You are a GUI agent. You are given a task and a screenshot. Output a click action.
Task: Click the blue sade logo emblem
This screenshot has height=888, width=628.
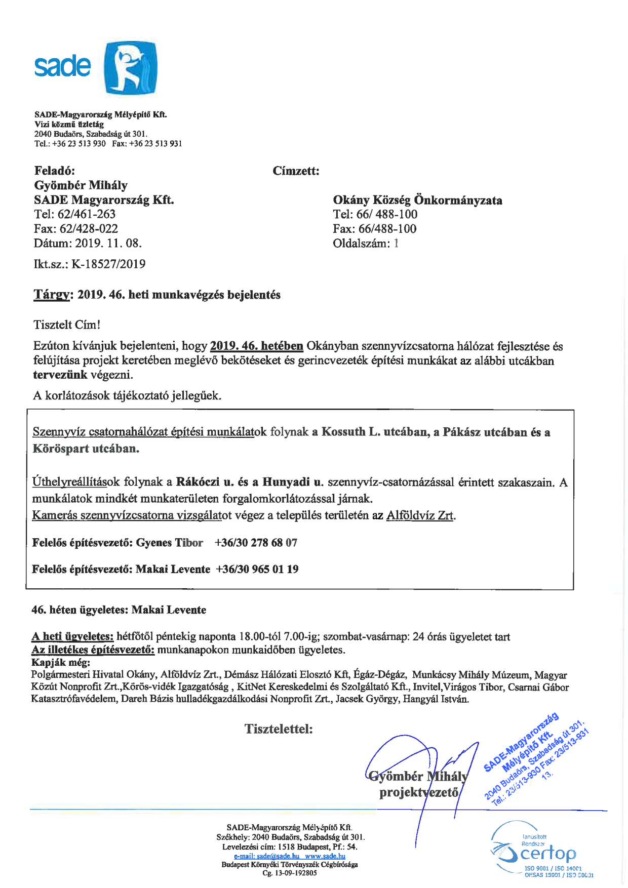tap(131, 68)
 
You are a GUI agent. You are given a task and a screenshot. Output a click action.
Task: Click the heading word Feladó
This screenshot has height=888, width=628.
tap(55, 171)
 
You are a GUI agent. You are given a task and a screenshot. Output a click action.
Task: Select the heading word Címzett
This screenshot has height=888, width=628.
tap(296, 171)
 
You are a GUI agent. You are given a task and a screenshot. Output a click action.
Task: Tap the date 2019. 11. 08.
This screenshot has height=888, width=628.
tap(108, 244)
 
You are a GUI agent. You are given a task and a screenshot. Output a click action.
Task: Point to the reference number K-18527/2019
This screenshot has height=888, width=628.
tap(108, 264)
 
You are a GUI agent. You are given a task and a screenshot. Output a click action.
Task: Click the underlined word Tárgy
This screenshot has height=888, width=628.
tap(51, 295)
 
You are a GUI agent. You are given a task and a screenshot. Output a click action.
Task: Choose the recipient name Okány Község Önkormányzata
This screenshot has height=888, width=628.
tap(417, 200)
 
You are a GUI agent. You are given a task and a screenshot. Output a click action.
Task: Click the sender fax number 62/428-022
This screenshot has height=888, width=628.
tap(89, 229)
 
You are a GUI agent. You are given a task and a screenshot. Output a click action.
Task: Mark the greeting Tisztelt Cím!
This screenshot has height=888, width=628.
tap(67, 325)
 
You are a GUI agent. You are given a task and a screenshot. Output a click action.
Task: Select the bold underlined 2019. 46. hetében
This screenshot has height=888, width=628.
tap(256, 346)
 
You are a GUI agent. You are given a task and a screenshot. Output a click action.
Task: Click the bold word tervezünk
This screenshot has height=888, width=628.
tap(60, 375)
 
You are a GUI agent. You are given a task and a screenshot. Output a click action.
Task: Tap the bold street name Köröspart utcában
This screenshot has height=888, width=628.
tap(86, 449)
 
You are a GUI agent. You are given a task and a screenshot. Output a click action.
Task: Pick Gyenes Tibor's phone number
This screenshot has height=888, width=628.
tap(256, 543)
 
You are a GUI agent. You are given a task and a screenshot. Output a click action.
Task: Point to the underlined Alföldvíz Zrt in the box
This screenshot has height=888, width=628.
tap(420, 516)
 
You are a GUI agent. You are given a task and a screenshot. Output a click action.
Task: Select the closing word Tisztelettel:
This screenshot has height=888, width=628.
tap(279, 729)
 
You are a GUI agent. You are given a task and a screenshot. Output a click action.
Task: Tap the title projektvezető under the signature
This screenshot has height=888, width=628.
tap(419, 792)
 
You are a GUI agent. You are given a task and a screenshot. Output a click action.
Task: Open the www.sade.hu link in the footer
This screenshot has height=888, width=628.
tap(325, 856)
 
